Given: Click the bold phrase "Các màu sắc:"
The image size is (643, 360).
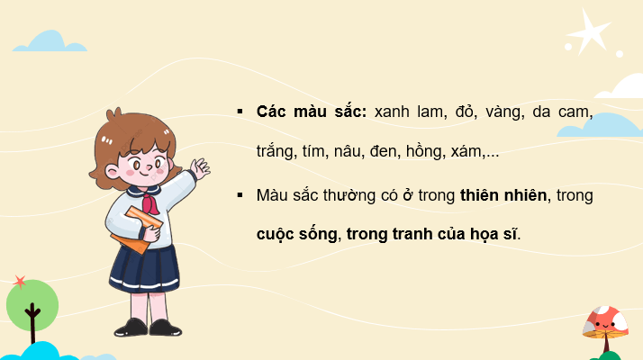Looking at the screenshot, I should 298,112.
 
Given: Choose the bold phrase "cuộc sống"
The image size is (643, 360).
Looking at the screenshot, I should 297,234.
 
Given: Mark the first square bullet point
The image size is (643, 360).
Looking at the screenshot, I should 240,112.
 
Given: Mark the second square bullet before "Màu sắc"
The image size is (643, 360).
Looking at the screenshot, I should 240,193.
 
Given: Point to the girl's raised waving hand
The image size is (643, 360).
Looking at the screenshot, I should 200,167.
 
